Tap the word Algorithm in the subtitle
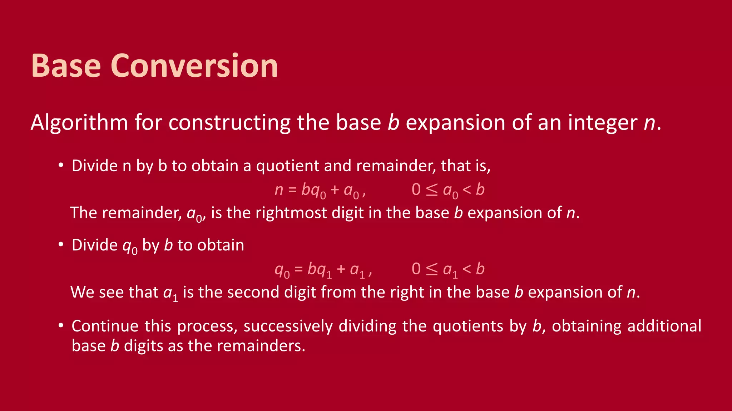pyautogui.click(x=79, y=123)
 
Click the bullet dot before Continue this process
pyautogui.click(x=61, y=325)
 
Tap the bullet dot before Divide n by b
pyautogui.click(x=61, y=165)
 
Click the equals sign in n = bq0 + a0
pyautogui.click(x=292, y=190)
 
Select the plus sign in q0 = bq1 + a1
pyautogui.click(x=341, y=269)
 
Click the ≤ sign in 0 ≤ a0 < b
pyautogui.click(x=432, y=190)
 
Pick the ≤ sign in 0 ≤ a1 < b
pyautogui.click(x=432, y=269)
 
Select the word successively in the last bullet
pyautogui.click(x=288, y=326)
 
